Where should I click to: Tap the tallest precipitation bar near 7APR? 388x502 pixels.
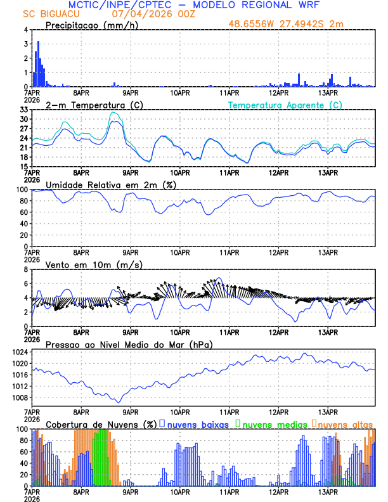pos(38,64)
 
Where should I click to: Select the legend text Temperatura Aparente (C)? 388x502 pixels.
pos(285,105)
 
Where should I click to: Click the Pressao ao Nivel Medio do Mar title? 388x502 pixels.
pos(129,344)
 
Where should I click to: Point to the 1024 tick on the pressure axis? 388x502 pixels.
pos(20,352)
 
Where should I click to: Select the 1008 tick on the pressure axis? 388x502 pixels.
pos(20,398)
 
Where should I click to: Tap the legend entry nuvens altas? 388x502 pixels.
pos(345,424)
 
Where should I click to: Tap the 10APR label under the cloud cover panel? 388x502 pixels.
pos(180,491)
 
